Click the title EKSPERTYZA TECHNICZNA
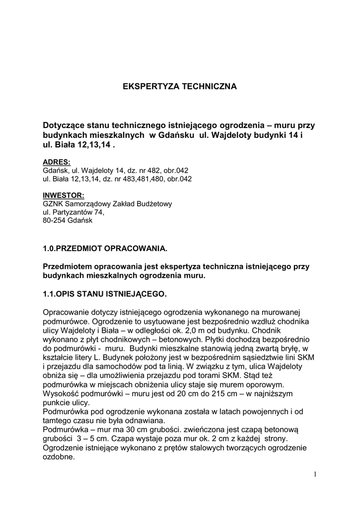(x=180, y=86)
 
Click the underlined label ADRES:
(x=57, y=162)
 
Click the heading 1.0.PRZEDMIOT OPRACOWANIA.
(x=105, y=247)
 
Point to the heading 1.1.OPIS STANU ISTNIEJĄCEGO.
(x=105, y=294)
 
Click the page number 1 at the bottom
(x=315, y=474)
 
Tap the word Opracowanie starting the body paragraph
(x=67, y=311)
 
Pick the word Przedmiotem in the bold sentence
(x=67, y=266)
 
